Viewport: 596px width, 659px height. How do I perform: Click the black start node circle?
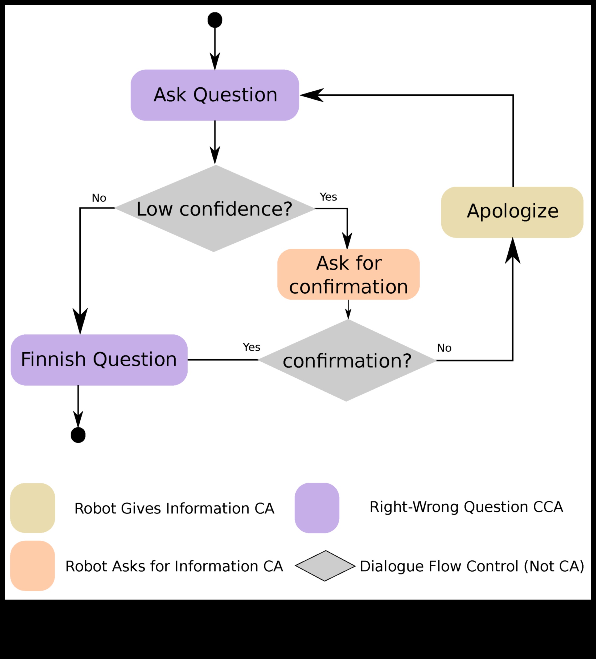(x=215, y=20)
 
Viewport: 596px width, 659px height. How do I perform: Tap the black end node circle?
(x=78, y=435)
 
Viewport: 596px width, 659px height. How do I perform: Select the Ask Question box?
(x=215, y=95)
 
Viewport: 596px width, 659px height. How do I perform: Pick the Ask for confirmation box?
(x=348, y=274)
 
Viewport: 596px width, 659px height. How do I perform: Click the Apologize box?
(x=512, y=212)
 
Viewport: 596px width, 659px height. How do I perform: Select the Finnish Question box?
(x=99, y=359)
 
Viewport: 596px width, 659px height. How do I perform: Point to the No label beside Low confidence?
(x=99, y=198)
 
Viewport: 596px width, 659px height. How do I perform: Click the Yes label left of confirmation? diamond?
(x=252, y=347)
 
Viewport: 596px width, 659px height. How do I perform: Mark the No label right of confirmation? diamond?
(x=444, y=348)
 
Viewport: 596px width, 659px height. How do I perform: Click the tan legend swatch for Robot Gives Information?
(x=33, y=508)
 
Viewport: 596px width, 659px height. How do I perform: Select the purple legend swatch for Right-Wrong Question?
(x=317, y=508)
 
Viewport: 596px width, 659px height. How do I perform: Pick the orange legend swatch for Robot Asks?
(x=33, y=566)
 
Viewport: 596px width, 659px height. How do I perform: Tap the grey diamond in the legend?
(x=325, y=566)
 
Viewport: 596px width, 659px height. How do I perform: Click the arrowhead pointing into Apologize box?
(x=513, y=252)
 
